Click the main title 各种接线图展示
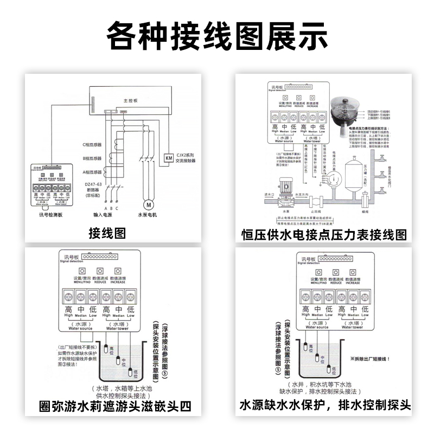pos(217,36)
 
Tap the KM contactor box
pos(168,158)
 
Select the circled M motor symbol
pos(148,205)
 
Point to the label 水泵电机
pos(147,215)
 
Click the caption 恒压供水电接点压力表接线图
pos(324,234)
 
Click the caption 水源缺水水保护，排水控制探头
pos(325,406)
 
